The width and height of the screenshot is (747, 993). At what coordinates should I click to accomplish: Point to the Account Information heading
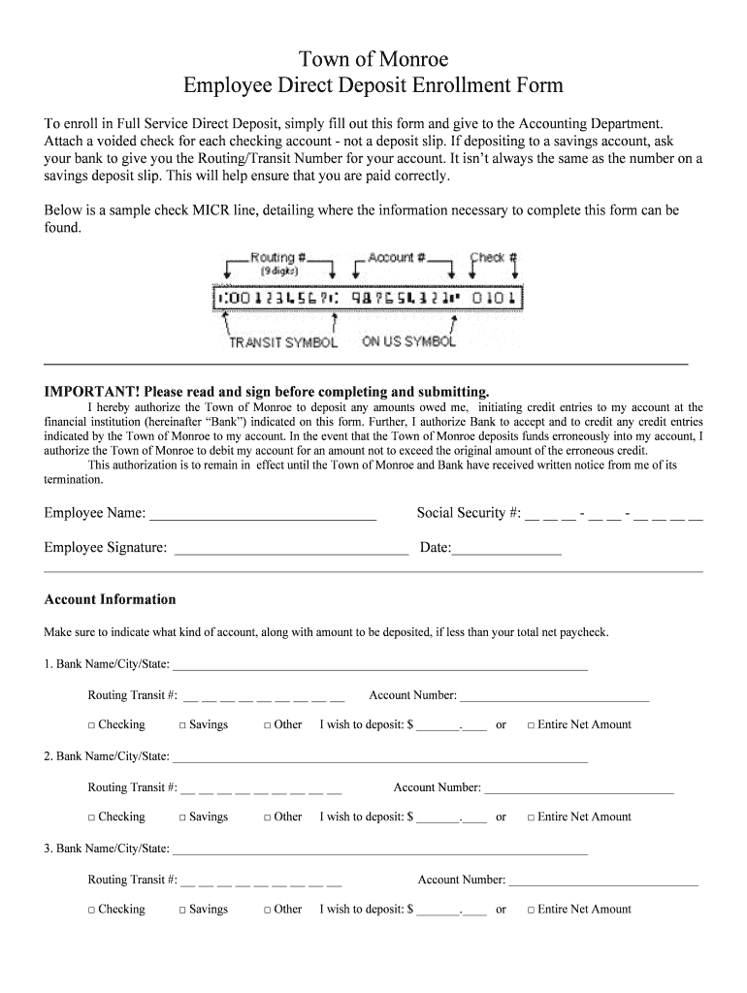pyautogui.click(x=110, y=599)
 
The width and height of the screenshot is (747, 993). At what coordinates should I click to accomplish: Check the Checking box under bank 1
pyautogui.click(x=91, y=725)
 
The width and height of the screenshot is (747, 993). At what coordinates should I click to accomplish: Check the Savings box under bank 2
pyautogui.click(x=182, y=817)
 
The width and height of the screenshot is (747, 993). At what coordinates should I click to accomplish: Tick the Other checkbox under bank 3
pyautogui.click(x=268, y=910)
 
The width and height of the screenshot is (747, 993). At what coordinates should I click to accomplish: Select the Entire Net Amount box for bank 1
pyautogui.click(x=531, y=725)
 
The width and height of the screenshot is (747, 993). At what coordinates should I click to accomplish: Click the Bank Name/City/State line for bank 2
pyautogui.click(x=379, y=757)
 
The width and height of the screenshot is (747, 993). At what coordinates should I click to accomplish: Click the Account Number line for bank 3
pyautogui.click(x=602, y=881)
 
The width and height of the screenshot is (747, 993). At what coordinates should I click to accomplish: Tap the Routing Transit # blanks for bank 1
pyautogui.click(x=263, y=696)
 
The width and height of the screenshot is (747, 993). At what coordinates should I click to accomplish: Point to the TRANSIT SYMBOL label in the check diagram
pyautogui.click(x=283, y=342)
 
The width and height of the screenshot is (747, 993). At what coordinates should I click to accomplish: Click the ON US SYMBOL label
pyautogui.click(x=408, y=341)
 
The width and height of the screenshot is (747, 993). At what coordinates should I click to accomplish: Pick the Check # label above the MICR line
pyautogui.click(x=494, y=258)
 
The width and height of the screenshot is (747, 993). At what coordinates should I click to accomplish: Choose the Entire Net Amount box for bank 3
pyautogui.click(x=531, y=910)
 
